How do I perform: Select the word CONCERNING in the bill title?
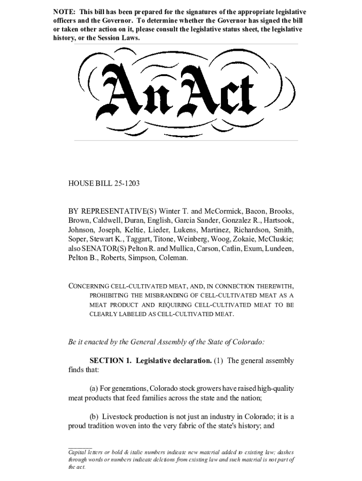[88, 286]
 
